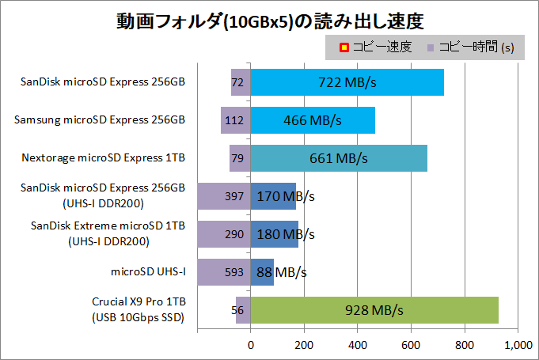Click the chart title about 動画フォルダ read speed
[x=269, y=18]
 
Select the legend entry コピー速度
[x=376, y=47]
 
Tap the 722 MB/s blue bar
[x=347, y=82]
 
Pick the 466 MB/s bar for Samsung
[x=312, y=120]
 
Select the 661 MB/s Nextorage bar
[x=339, y=158]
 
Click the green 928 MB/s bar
[x=374, y=309]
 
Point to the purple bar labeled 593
[x=223, y=272]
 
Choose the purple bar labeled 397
[x=223, y=196]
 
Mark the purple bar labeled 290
[x=223, y=234]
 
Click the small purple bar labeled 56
[x=243, y=309]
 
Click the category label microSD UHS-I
[x=149, y=272]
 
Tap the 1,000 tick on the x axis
[x=517, y=345]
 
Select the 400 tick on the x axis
[x=358, y=345]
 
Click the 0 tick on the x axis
[x=251, y=345]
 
